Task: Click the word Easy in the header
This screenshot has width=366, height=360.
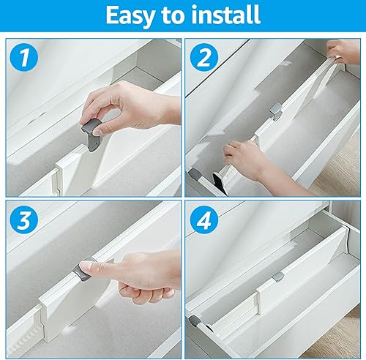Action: [130, 16]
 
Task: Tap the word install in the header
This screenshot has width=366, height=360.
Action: [226, 15]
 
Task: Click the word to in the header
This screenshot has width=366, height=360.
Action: [173, 15]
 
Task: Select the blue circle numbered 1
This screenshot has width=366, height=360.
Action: [24, 58]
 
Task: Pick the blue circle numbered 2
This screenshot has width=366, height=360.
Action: [204, 58]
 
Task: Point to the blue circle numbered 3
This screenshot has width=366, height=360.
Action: [24, 220]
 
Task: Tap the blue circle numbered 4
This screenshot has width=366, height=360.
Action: [204, 220]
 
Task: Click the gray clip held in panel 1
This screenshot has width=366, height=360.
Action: [92, 134]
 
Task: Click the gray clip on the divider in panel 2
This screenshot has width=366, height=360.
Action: [276, 111]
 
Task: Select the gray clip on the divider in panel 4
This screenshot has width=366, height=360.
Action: [278, 277]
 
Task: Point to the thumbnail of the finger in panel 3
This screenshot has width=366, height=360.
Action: [86, 266]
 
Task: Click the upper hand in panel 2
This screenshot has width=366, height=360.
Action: [343, 52]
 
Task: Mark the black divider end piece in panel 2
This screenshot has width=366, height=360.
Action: [219, 182]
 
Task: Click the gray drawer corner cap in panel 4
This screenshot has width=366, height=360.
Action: [195, 320]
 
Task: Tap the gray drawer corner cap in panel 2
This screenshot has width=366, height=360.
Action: [195, 173]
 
